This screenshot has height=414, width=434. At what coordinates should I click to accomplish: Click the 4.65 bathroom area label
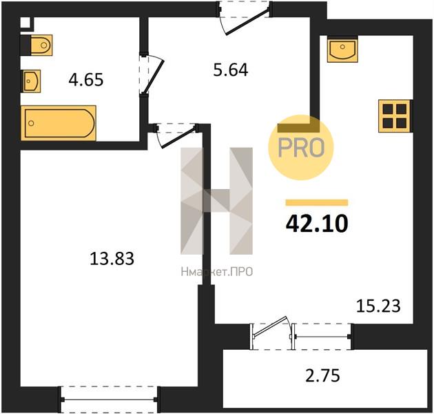pyautogui.click(x=86, y=79)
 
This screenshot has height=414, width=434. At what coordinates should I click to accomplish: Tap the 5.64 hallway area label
pyautogui.click(x=231, y=70)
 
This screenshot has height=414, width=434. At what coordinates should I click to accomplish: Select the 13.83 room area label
pyautogui.click(x=112, y=259)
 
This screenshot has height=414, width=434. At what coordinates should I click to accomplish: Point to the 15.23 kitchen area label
pyautogui.click(x=378, y=306)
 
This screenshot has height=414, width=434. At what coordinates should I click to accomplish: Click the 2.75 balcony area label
pyautogui.click(x=322, y=376)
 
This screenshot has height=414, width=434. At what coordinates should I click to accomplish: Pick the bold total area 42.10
pyautogui.click(x=317, y=224)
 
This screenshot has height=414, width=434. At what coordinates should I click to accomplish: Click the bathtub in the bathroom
pyautogui.click(x=59, y=123)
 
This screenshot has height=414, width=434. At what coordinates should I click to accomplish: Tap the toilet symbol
pyautogui.click(x=41, y=45)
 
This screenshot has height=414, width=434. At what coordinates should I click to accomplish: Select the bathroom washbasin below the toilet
pyautogui.click(x=32, y=81)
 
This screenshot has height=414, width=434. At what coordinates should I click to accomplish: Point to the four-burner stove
pyautogui.click(x=395, y=116)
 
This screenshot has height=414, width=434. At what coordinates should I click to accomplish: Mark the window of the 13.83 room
pyautogui.click(x=109, y=400)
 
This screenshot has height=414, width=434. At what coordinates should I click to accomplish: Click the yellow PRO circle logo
pyautogui.click(x=301, y=148)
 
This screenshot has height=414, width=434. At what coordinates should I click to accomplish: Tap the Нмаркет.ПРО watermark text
pyautogui.click(x=217, y=272)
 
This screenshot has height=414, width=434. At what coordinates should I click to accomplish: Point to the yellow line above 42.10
pyautogui.click(x=317, y=203)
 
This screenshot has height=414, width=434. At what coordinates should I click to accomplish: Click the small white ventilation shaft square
pyautogui.click(x=25, y=23)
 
